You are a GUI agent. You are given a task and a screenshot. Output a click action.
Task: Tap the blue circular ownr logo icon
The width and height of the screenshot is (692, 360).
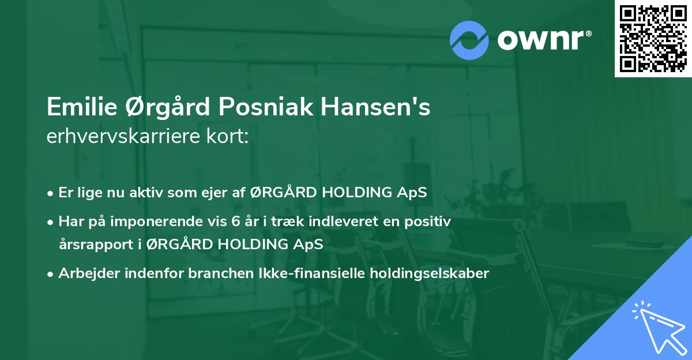click(x=469, y=40)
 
